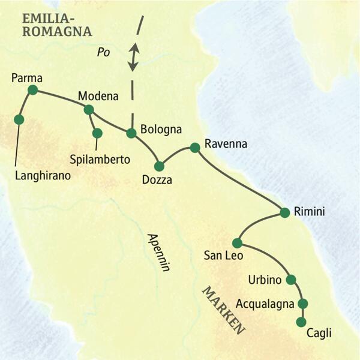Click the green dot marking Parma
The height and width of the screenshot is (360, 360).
click(32, 90)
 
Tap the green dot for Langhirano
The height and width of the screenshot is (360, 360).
click(19, 119)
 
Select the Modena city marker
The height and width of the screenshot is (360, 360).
click(89, 109)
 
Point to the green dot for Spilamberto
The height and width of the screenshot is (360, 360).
click(97, 133)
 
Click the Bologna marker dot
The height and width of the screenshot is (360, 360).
click(131, 133)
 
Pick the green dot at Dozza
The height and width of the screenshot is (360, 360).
click(159, 166)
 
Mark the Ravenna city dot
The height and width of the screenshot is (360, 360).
click(194, 147)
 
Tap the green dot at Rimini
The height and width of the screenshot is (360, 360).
click(285, 212)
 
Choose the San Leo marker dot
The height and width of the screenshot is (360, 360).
click(237, 243)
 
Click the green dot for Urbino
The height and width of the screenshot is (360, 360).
click(291, 280)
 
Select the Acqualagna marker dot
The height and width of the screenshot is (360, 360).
click(302, 303)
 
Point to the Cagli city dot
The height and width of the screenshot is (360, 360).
click(301, 322)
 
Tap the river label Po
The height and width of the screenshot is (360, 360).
click(104, 53)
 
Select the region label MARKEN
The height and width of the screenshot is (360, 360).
click(223, 310)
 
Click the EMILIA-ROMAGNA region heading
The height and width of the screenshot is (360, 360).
click(56, 24)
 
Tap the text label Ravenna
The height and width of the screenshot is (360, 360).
click(226, 144)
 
